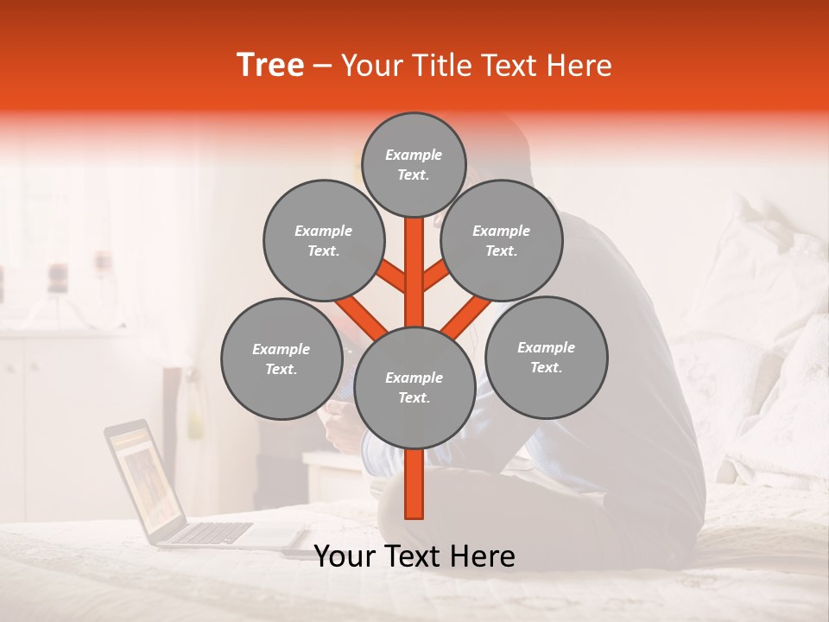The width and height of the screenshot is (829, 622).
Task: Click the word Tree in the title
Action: [x=270, y=66]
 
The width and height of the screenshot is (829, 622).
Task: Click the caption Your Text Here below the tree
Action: [x=414, y=556]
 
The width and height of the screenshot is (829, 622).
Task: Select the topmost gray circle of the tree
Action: [x=414, y=164]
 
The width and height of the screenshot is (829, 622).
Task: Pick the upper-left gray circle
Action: [x=324, y=240]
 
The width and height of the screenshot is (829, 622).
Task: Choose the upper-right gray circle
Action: [x=502, y=240]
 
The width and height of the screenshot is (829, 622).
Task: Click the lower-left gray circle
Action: [x=282, y=359]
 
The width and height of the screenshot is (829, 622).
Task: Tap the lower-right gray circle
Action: [x=547, y=357]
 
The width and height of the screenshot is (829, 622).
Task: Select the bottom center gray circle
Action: [x=414, y=387]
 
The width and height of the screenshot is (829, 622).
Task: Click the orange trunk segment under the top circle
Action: [x=414, y=259]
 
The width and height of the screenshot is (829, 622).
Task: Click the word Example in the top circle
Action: [x=414, y=155]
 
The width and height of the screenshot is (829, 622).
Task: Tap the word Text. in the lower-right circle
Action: [x=546, y=367]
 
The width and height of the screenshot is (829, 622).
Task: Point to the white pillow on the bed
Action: [x=760, y=259]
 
